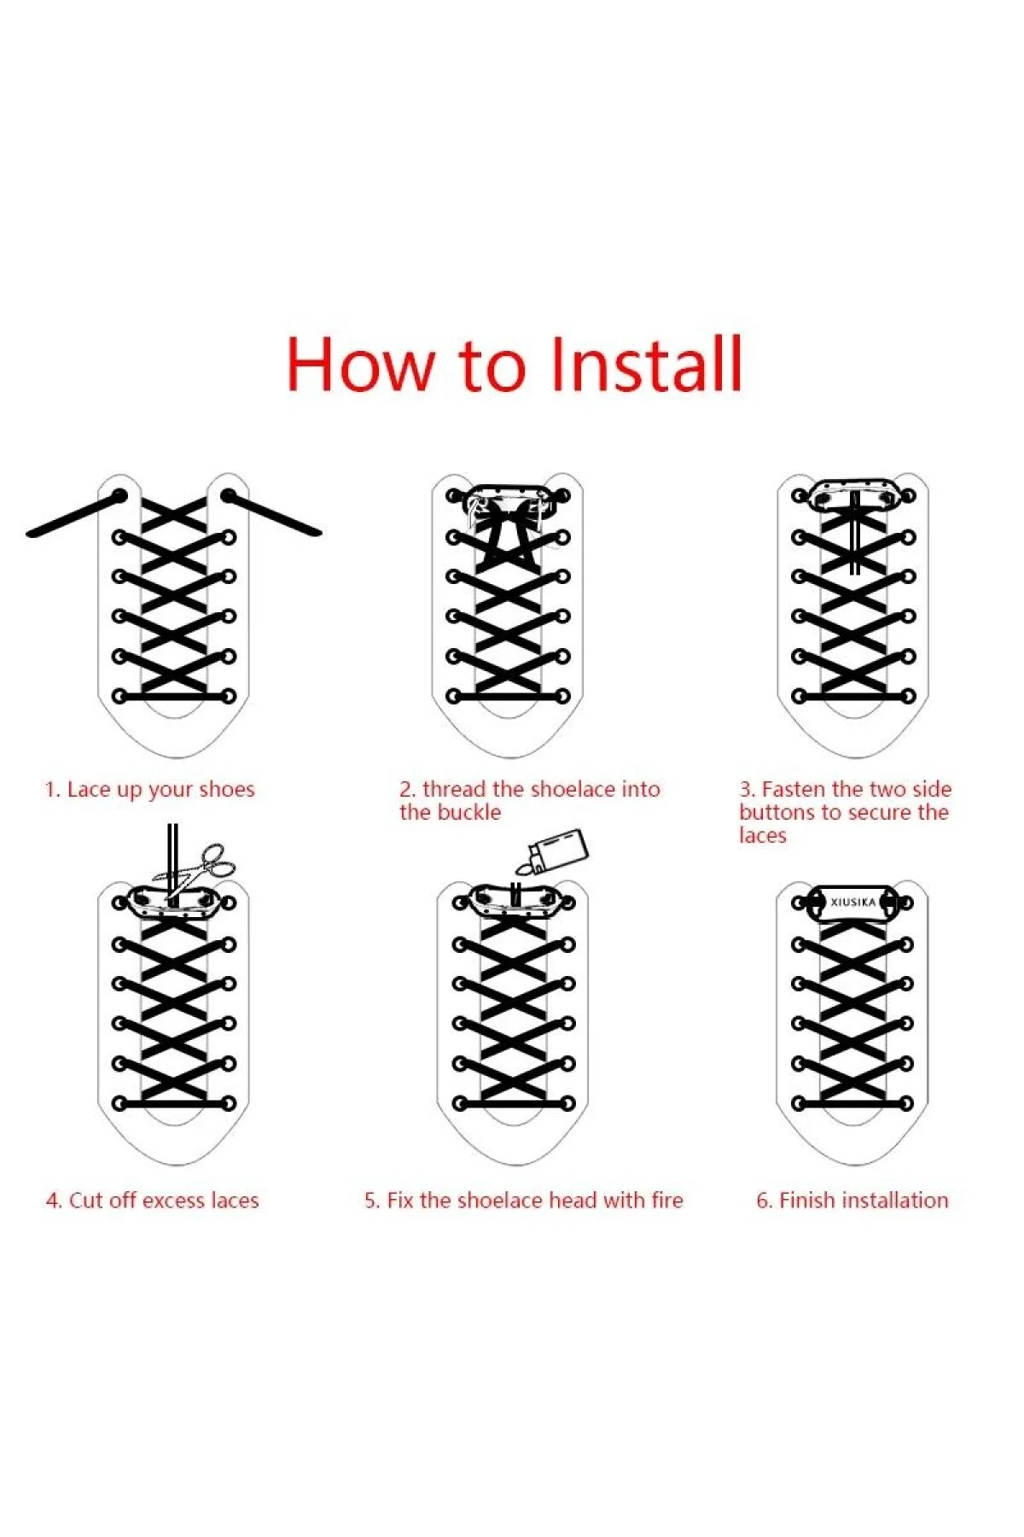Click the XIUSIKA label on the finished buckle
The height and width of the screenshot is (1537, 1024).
[x=852, y=902]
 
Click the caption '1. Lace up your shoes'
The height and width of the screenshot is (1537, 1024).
[x=149, y=790]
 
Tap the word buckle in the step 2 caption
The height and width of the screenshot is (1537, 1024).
[x=465, y=812]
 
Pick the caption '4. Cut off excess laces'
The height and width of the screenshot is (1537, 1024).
[x=152, y=1201]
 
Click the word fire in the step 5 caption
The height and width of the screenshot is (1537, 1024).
[x=667, y=1201]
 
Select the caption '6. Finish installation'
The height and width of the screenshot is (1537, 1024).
[x=852, y=1201]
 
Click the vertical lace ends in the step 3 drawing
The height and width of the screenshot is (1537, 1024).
[x=854, y=532]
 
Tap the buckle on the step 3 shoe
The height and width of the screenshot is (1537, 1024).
[x=852, y=494]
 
